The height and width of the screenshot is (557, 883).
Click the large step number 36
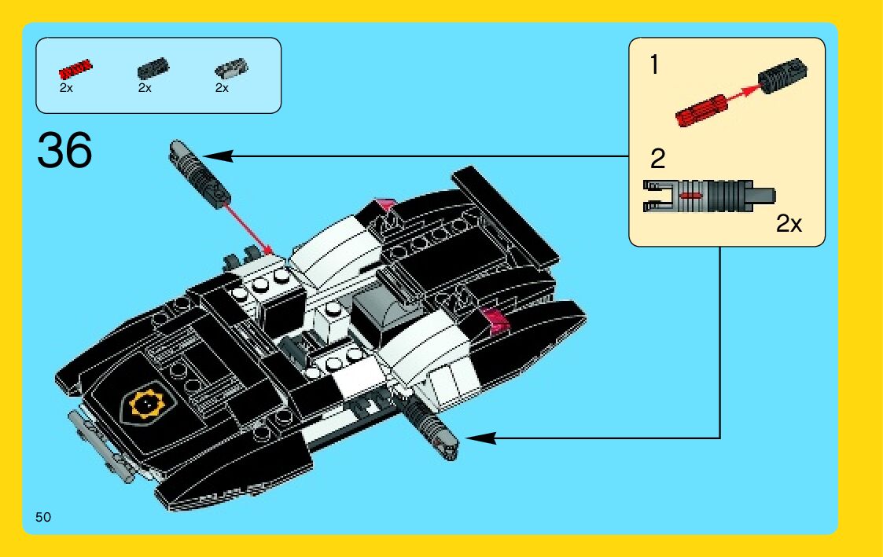pos(64,151)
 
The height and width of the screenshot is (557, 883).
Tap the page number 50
pos(43,516)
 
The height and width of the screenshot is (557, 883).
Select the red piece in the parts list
pos(75,69)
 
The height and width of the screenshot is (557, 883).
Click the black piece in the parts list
pos(152,70)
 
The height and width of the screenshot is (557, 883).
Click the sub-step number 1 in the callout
pos(654,65)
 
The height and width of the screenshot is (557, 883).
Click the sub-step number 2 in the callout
pos(657,159)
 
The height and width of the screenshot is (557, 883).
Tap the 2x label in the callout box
pos(789,224)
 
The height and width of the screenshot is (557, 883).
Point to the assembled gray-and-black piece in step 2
pos(708,195)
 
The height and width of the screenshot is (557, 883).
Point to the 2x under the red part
pos(66,88)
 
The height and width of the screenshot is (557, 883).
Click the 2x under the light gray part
pos(222,88)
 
